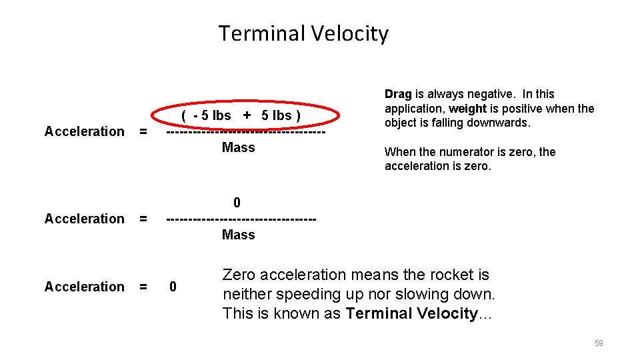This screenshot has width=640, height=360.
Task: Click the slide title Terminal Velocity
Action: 303,33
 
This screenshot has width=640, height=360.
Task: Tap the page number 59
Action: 599,343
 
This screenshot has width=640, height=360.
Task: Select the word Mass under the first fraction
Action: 238,147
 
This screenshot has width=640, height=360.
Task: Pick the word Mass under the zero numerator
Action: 238,234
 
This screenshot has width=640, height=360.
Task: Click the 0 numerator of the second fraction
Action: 237,203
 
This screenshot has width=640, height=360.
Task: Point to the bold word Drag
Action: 398,94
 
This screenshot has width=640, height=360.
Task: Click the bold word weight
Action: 467,109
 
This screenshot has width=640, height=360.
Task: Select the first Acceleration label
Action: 84,131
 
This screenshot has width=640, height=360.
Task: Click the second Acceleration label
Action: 84,219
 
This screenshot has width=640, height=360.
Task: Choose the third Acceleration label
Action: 84,287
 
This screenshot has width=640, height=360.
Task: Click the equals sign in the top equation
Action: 142,131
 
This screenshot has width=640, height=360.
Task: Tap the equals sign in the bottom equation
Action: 142,287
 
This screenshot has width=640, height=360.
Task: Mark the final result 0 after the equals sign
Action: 173,287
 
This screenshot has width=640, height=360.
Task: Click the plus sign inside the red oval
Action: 247,115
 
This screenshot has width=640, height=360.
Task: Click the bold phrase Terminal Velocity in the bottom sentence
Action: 411,314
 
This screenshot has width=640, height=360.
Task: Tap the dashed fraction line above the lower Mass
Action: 240,219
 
